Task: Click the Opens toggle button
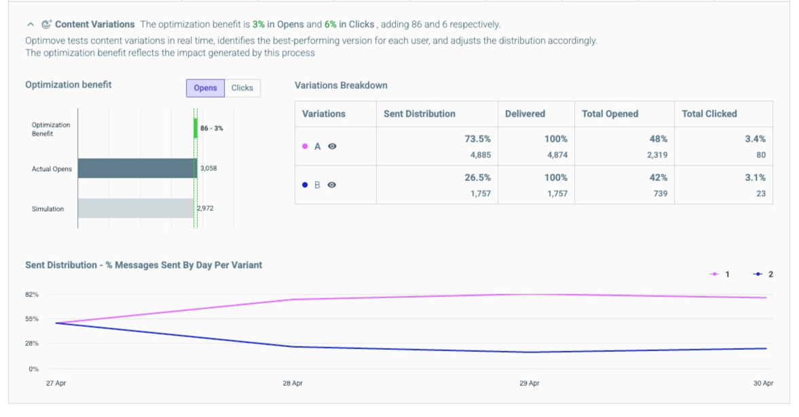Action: pos(206,88)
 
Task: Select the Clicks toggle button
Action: pos(242,88)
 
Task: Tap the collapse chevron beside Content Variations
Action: pos(31,24)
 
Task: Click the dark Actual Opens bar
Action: pos(137,169)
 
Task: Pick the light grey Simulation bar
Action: pos(136,208)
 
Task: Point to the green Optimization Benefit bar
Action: pos(195,128)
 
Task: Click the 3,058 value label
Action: pos(208,169)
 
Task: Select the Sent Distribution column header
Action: pos(420,114)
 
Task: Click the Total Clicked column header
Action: pos(709,114)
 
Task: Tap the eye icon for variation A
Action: pos(332,146)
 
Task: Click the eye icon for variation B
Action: pos(332,185)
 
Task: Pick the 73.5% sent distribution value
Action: pos(477,139)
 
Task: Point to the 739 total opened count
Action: pos(661,193)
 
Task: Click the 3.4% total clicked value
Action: pos(755,139)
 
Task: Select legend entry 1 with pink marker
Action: pos(720,275)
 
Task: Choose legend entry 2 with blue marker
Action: pos(763,275)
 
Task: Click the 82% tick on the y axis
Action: pos(32,295)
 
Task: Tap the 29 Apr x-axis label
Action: pos(529,383)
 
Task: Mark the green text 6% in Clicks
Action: pos(349,24)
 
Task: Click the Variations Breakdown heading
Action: pos(341,85)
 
